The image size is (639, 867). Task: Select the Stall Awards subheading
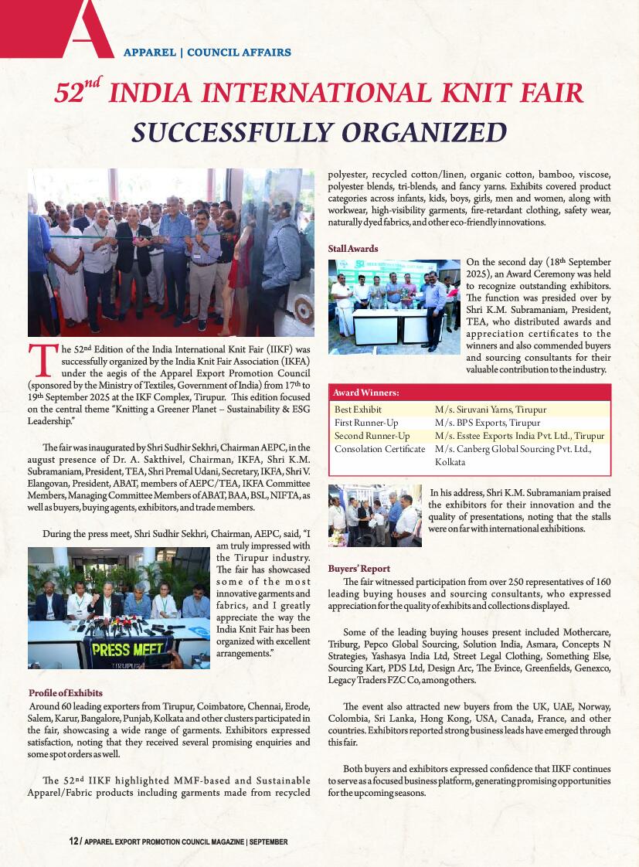coord(352,249)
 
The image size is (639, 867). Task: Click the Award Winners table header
coord(366,393)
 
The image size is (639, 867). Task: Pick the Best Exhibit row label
coord(358,409)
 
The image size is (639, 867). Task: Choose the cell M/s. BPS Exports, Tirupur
coord(487,423)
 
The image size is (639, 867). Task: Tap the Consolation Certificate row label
coord(379,449)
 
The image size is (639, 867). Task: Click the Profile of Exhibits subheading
coord(65,693)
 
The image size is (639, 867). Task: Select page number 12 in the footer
coord(73,841)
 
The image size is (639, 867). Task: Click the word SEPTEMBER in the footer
coord(268,841)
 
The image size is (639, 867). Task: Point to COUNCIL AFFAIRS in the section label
coord(239,53)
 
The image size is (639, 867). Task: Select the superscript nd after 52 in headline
coord(93,80)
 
